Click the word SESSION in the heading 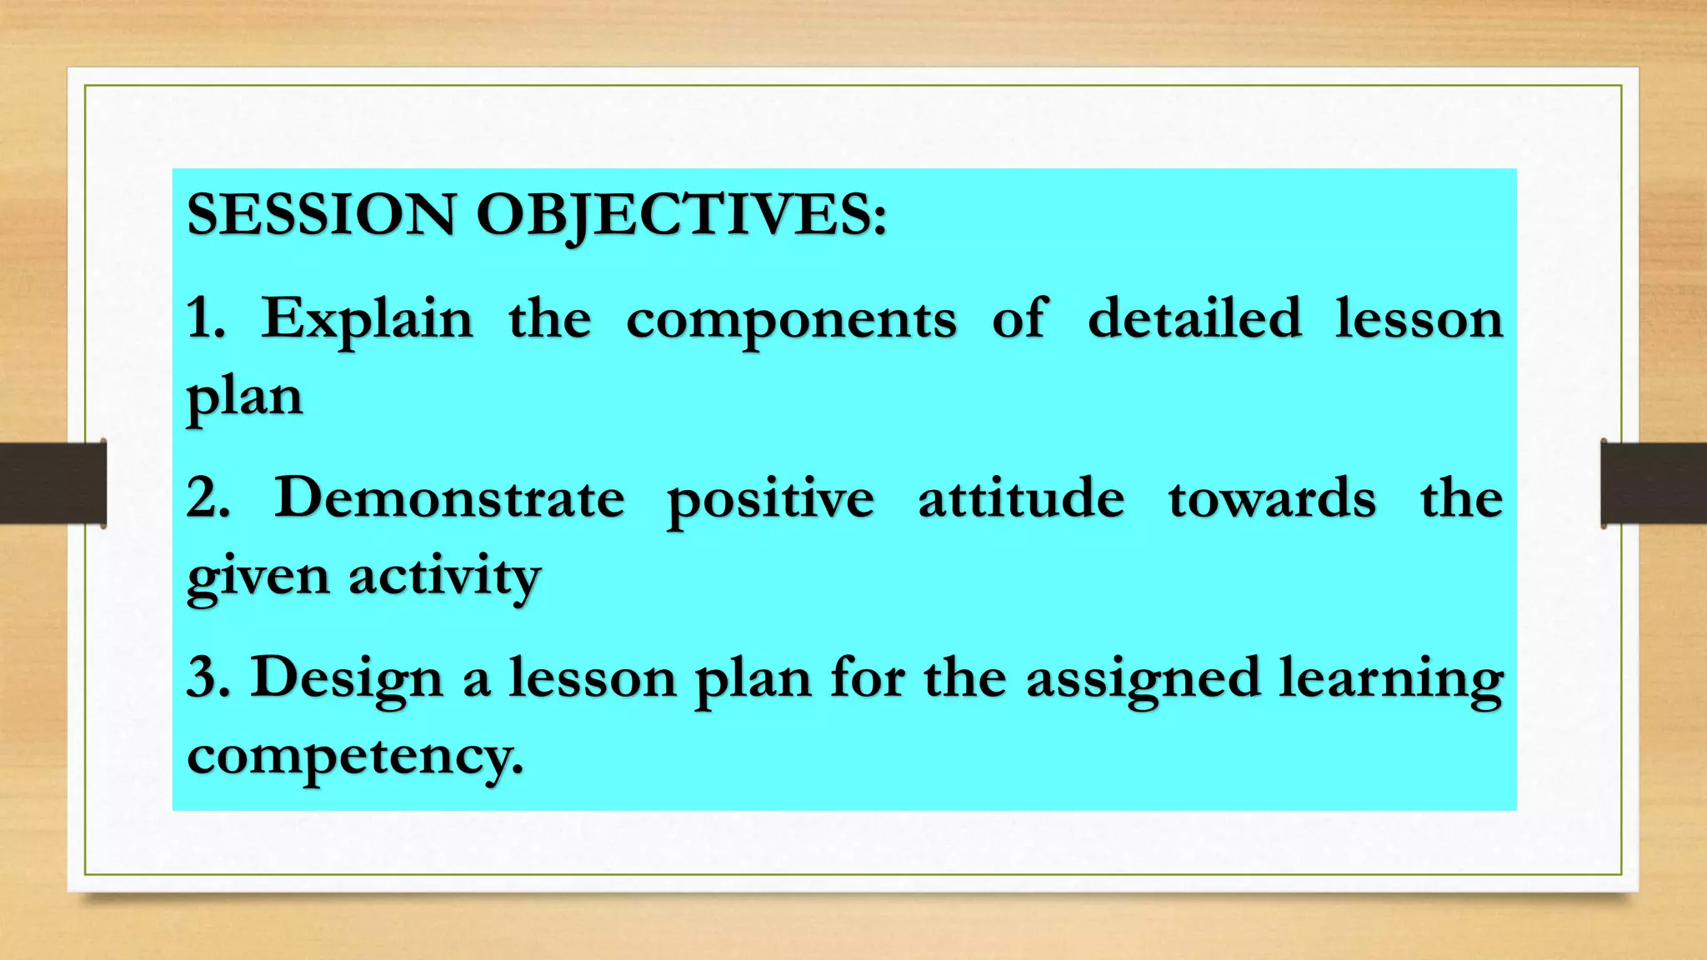tap(321, 215)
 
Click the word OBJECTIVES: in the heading tap(681, 215)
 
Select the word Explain tap(368, 320)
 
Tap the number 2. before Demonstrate tap(208, 498)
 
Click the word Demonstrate tap(449, 498)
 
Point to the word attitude tap(1021, 498)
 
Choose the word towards tap(1272, 498)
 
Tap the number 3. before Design tap(208, 677)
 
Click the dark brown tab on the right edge tap(1654, 483)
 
